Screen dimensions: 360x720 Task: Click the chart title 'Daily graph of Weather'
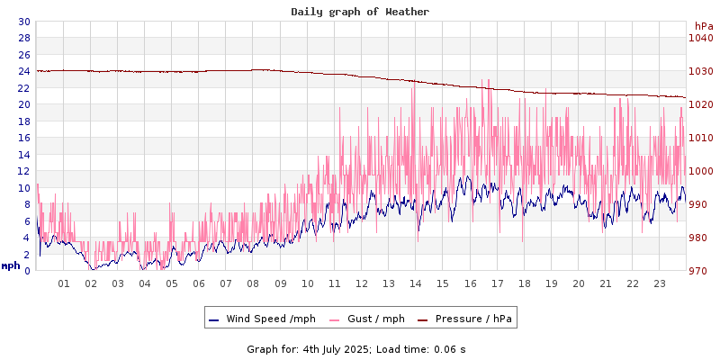pos(360,12)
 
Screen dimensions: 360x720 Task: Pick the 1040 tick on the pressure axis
pos(701,38)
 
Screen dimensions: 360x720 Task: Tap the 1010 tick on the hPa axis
pos(701,138)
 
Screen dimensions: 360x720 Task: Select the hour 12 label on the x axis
pos(362,283)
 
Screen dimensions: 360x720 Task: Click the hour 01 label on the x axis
pos(64,283)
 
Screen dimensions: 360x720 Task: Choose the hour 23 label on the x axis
pos(660,283)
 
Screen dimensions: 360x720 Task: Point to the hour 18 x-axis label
pos(525,283)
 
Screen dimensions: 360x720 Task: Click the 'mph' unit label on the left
pos(11,265)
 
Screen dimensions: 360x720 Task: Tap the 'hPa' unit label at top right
pos(703,26)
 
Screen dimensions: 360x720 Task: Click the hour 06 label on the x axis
pos(199,283)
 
